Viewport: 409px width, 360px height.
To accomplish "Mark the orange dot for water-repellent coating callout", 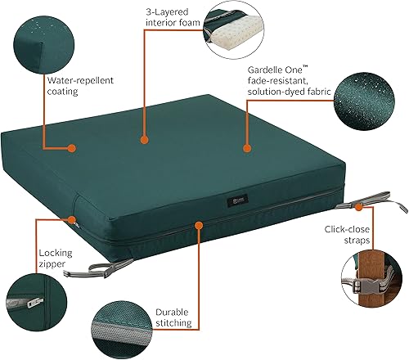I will click(x=72, y=149).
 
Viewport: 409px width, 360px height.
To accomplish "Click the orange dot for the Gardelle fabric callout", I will click(x=246, y=149).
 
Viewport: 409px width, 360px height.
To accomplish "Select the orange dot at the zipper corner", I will click(x=74, y=220).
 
